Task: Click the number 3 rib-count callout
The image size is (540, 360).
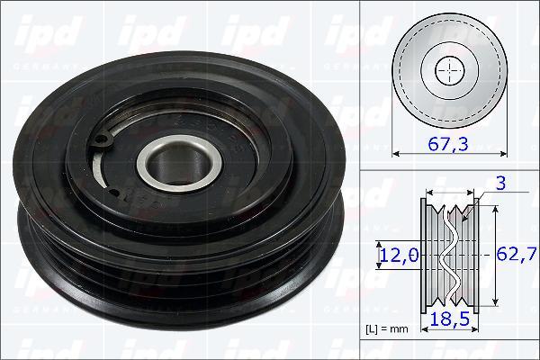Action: (500, 184)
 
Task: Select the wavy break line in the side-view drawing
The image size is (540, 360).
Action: (451, 256)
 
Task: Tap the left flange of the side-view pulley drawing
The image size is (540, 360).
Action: (426, 255)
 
